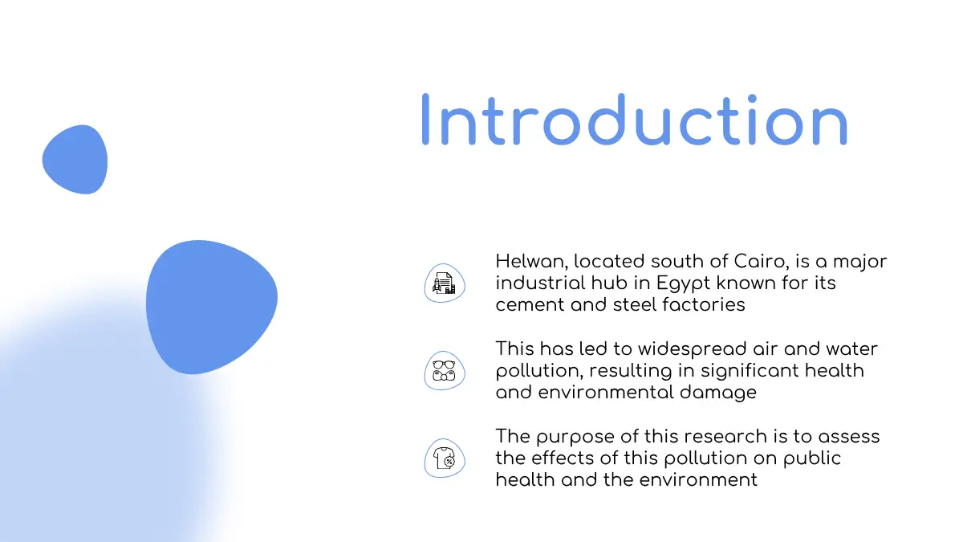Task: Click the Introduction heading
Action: coord(635,120)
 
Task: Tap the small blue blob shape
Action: coord(75,160)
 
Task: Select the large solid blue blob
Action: coord(212,307)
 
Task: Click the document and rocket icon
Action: coord(444,283)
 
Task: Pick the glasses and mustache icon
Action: coord(444,371)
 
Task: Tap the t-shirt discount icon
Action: coord(444,458)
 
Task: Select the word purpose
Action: coord(575,438)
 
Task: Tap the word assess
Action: coord(849,438)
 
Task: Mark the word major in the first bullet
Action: coord(859,263)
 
